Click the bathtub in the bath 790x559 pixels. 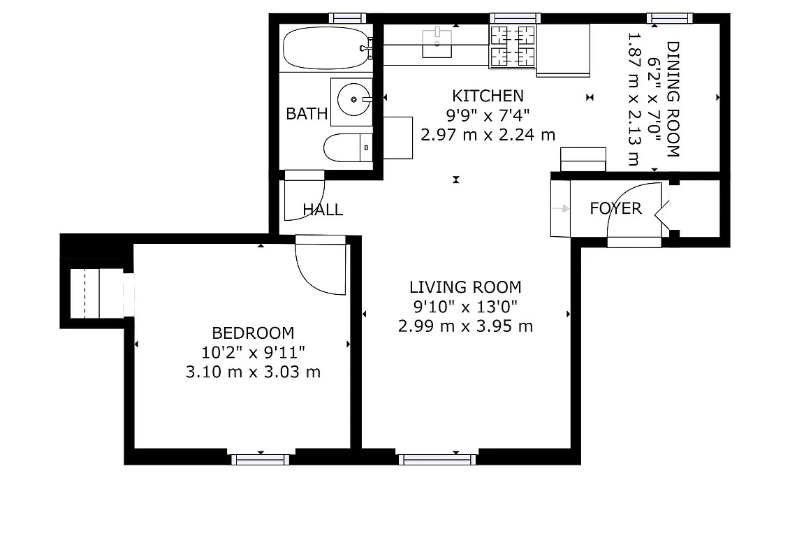(324, 48)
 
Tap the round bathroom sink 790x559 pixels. (354, 100)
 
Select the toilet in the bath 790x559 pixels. (346, 147)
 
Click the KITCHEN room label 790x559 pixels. (488, 96)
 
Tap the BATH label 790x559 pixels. (307, 114)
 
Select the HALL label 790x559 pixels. (323, 209)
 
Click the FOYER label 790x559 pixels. (615, 208)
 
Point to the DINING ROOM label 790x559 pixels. (673, 99)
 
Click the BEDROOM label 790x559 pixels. (253, 333)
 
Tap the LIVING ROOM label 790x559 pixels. (465, 286)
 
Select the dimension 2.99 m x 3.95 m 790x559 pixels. (465, 326)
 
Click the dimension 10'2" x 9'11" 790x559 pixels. (253, 352)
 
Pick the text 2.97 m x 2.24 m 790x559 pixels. (488, 134)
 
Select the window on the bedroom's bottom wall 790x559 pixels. (261, 459)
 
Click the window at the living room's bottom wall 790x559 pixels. (437, 459)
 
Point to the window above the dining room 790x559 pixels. (669, 18)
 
